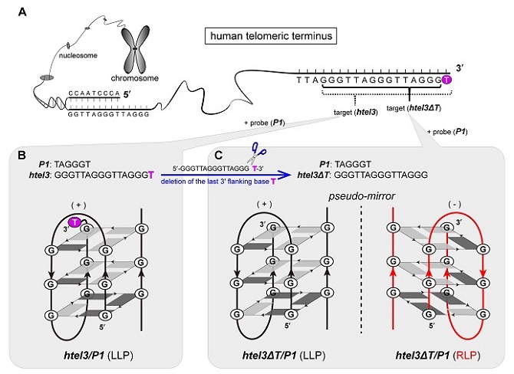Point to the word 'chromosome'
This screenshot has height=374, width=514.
coord(135,78)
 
